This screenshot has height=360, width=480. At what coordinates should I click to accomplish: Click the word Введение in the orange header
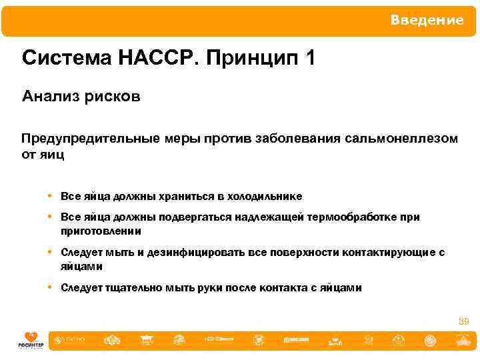427,21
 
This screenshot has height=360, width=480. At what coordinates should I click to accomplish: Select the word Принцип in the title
251,59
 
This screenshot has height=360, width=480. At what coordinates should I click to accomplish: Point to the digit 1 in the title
308,58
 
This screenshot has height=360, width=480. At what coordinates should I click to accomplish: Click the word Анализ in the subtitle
50,97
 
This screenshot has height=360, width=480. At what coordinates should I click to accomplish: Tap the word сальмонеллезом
402,138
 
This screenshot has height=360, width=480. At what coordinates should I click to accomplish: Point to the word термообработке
354,217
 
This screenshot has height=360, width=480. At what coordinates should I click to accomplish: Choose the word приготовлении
101,231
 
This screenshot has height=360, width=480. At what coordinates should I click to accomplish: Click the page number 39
463,321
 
